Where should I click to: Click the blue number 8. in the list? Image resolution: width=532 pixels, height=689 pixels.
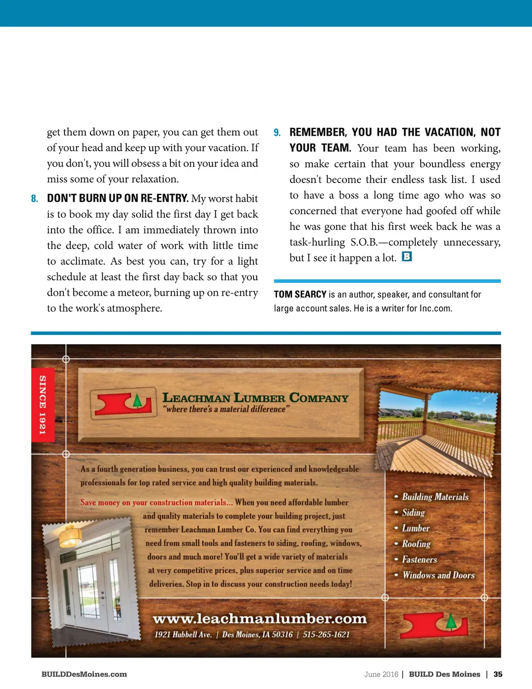coord(34,199)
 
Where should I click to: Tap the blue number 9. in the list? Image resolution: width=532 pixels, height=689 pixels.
coord(277,133)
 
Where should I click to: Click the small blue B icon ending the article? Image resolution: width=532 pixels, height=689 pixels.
coord(407,256)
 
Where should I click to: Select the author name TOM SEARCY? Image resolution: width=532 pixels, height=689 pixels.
coord(300,294)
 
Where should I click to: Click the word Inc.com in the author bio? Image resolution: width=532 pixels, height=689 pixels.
coord(435,308)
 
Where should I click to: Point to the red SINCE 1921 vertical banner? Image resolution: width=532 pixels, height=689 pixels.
coord(42,405)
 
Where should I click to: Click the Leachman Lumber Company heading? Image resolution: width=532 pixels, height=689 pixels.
coord(255,398)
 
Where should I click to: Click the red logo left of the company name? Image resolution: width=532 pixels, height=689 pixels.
coord(123,403)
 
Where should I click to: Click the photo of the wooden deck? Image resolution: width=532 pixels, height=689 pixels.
coord(436,432)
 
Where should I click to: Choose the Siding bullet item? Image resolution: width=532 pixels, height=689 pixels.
coord(413,513)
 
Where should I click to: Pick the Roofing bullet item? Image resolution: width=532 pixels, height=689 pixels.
coord(416,544)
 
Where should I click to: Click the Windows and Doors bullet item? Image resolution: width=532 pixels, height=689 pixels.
coord(438,575)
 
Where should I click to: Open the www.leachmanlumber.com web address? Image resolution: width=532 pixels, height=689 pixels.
coord(260,619)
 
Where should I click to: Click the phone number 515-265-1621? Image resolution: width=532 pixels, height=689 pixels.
coord(326,634)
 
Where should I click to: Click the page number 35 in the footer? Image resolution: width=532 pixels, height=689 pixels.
coord(498,674)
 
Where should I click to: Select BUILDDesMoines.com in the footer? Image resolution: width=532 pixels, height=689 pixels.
coord(84,674)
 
